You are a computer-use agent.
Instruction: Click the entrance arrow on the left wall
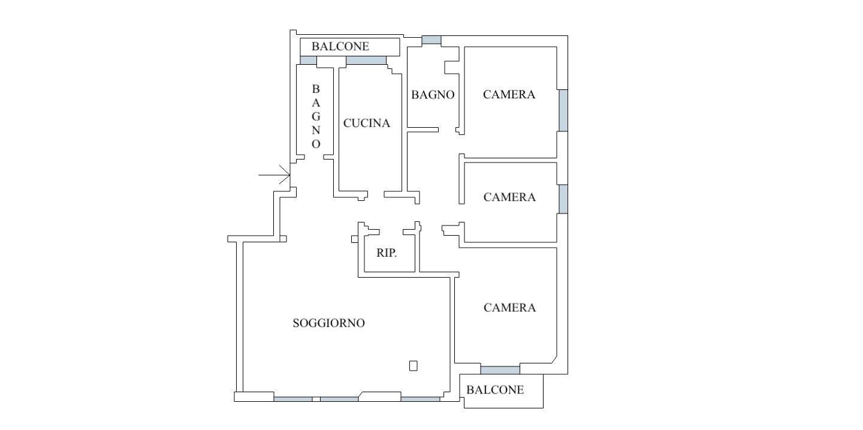pyautogui.click(x=274, y=175)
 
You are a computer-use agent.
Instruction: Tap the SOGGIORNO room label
pyautogui.click(x=328, y=323)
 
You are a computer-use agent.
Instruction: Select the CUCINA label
pyautogui.click(x=366, y=123)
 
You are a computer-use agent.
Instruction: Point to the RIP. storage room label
pyautogui.click(x=387, y=253)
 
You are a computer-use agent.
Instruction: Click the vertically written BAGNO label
pyautogui.click(x=316, y=116)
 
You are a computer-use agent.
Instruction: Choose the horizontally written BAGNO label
pyautogui.click(x=433, y=95)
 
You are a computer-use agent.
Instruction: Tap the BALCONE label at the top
pyautogui.click(x=340, y=46)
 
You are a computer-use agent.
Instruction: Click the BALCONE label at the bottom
pyautogui.click(x=495, y=390)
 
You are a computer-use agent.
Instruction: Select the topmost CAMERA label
pyautogui.click(x=509, y=95)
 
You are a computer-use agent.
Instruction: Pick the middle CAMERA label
pyautogui.click(x=509, y=197)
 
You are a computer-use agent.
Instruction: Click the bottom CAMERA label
pyautogui.click(x=509, y=308)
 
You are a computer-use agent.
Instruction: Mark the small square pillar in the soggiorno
pyautogui.click(x=413, y=366)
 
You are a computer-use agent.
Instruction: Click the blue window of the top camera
pyautogui.click(x=563, y=110)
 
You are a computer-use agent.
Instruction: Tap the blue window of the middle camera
pyautogui.click(x=563, y=199)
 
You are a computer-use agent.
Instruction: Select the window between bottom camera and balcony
pyautogui.click(x=500, y=370)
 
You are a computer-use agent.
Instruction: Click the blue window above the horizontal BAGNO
pyautogui.click(x=431, y=40)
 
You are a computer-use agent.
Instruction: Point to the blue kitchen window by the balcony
pyautogui.click(x=366, y=61)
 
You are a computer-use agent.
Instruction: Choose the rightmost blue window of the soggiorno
pyautogui.click(x=420, y=399)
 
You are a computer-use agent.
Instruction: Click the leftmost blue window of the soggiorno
pyautogui.click(x=293, y=399)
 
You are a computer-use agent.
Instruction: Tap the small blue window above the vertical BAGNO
pyautogui.click(x=308, y=61)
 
